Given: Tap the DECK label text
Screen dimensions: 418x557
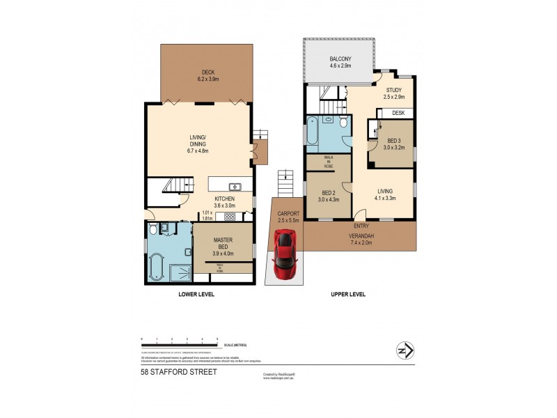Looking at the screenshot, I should [x=207, y=72].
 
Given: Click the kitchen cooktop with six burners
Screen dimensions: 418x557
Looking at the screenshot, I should [x=230, y=217].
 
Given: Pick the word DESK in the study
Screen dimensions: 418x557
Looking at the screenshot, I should [x=398, y=113].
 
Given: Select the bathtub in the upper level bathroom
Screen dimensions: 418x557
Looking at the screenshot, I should [x=312, y=134].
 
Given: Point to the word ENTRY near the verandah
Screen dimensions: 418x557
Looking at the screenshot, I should [x=361, y=226].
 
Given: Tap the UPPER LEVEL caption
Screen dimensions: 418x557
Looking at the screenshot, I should [x=347, y=295].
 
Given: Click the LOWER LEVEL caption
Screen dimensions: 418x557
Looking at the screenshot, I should [x=196, y=295].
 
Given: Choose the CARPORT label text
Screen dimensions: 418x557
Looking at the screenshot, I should [x=288, y=214].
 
